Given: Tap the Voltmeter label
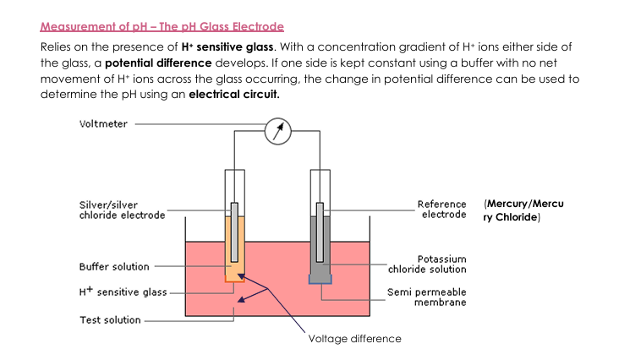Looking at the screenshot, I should (x=103, y=123).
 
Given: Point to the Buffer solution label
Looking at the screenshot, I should (x=114, y=266).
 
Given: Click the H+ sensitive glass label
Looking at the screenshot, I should (x=123, y=292).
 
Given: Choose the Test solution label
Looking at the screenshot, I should (x=110, y=320).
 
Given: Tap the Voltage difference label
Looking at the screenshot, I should (x=354, y=338).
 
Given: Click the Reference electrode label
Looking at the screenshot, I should (x=441, y=209).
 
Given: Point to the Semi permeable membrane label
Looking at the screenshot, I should (x=426, y=297).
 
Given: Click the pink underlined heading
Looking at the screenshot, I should (x=162, y=27).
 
